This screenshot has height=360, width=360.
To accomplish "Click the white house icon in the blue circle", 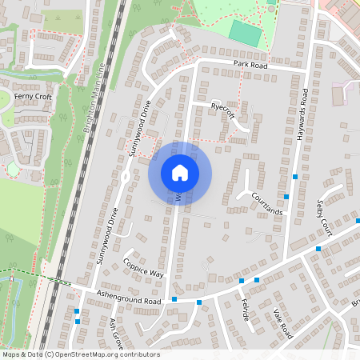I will [180, 173].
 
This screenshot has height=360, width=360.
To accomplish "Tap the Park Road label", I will [250, 62].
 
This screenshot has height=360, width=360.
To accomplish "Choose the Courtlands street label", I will [266, 203].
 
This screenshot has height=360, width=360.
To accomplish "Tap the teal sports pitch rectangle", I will [245, 33].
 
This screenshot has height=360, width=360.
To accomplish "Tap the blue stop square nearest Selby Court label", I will [318, 249].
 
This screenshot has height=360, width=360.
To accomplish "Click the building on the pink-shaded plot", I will [337, 95].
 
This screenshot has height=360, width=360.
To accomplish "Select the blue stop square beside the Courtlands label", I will [286, 196].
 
